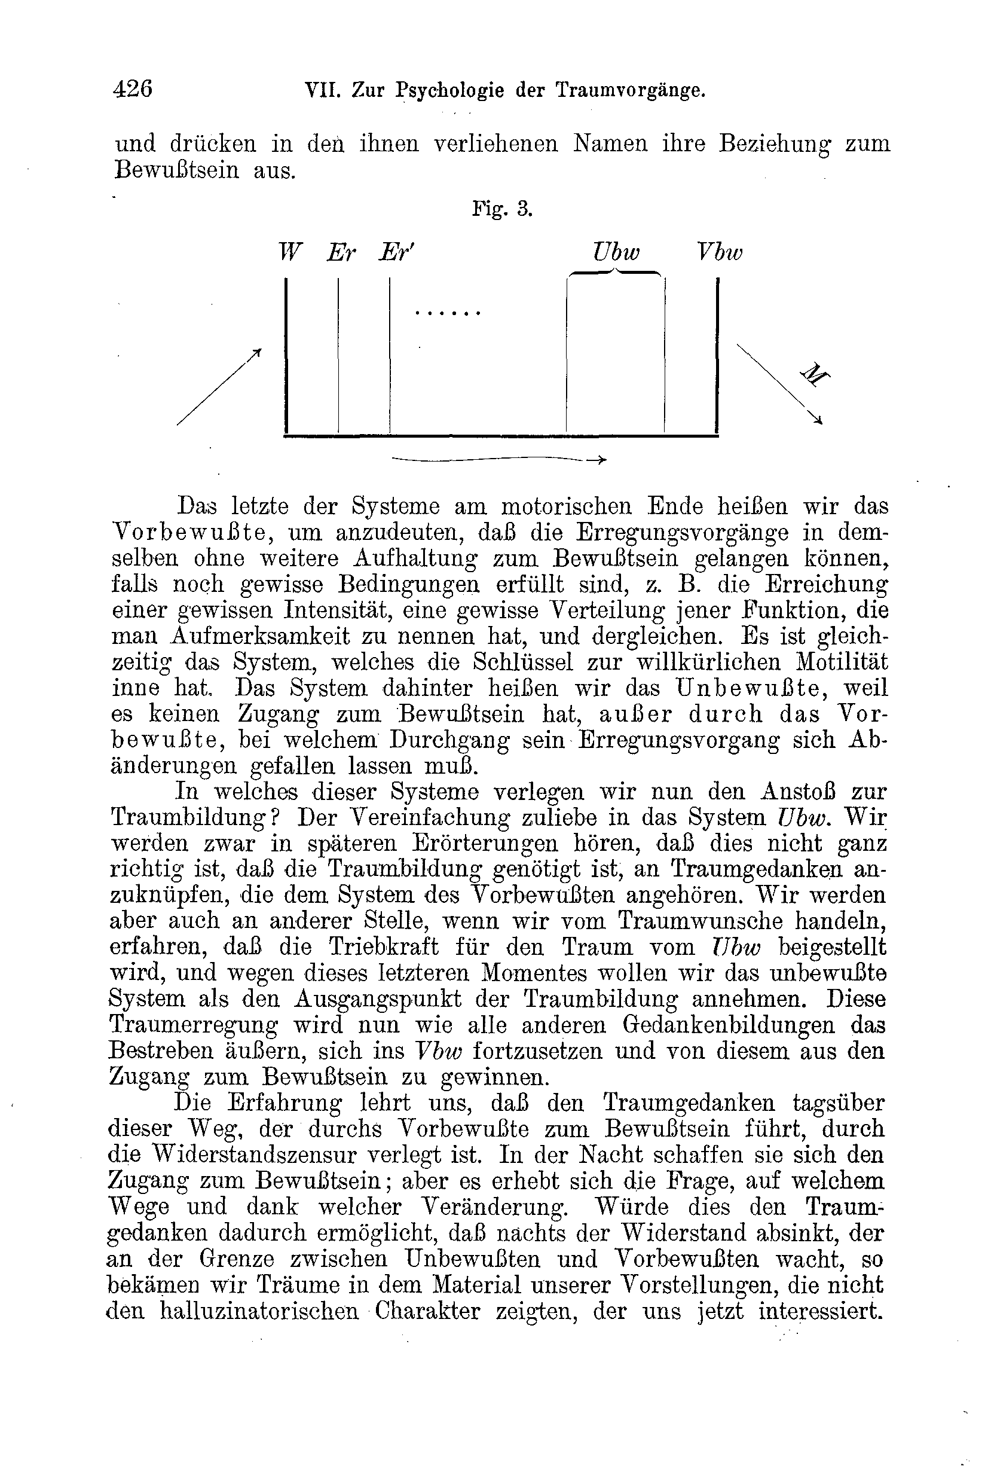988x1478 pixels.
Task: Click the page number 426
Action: pos(132,89)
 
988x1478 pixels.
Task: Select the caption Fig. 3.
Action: pos(502,209)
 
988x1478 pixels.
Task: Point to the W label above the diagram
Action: pos(290,253)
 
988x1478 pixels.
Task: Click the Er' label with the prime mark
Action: pos(396,253)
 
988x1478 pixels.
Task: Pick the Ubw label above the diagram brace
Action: pos(616,253)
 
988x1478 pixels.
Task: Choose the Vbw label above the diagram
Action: pos(719,253)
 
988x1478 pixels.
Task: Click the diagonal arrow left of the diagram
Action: pos(219,386)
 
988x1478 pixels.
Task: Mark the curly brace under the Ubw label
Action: pos(615,273)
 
